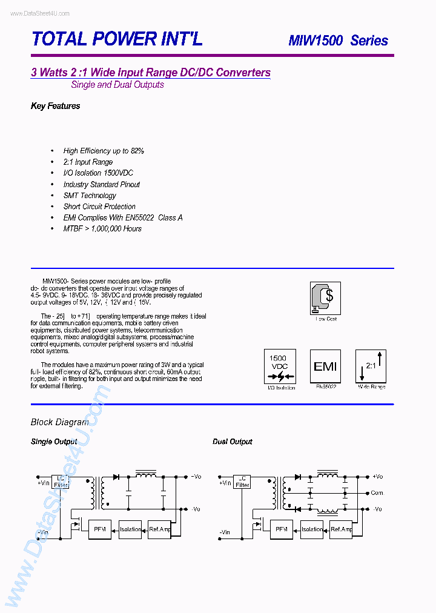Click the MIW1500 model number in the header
click(315, 41)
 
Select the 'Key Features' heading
click(55, 106)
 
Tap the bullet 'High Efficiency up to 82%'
click(104, 151)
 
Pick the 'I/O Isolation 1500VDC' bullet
click(98, 173)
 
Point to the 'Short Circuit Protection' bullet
click(99, 207)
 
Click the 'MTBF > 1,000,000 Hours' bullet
click(102, 228)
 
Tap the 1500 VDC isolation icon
click(279, 366)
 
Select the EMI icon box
click(325, 366)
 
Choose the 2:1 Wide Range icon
click(371, 366)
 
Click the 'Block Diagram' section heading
click(59, 422)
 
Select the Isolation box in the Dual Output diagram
click(312, 529)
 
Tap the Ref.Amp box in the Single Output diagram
click(160, 529)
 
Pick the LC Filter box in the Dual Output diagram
click(242, 482)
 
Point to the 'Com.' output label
click(377, 493)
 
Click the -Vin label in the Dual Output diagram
click(224, 532)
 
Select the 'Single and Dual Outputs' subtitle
click(117, 85)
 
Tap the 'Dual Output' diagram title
click(233, 442)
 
